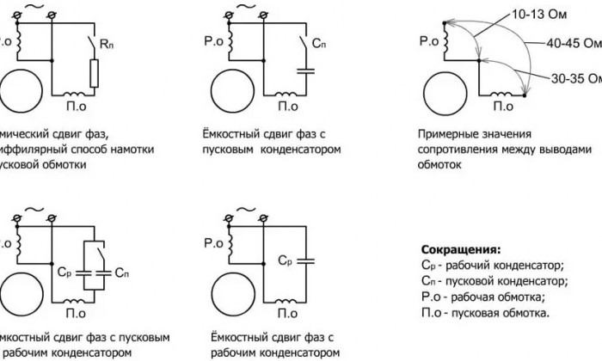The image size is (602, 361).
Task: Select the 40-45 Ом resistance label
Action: pos(573,43)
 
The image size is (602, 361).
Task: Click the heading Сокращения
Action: pos(458,248)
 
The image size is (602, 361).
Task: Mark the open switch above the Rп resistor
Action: pos(91,40)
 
